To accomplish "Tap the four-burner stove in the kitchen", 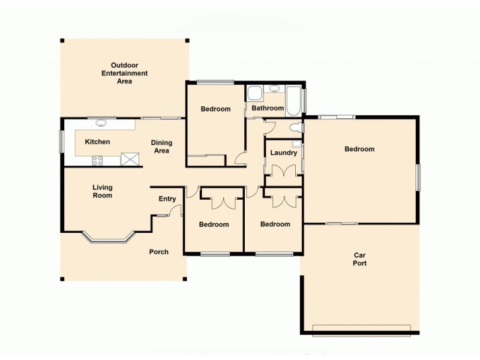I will coord(97,160).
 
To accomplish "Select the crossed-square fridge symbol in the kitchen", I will coord(129,159).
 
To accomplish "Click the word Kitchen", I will coord(97,142).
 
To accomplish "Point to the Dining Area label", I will coord(161,146).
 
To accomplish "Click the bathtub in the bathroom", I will coord(293,101).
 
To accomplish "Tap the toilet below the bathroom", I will coord(295,128).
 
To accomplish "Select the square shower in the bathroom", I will coord(254,94).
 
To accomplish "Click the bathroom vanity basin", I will coord(274,89).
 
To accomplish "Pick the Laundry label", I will coord(283,153).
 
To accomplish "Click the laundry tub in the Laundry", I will coord(296,144).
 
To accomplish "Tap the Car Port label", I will coord(359,259).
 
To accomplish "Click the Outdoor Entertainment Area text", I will coord(124,73).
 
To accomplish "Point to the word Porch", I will coord(159,252).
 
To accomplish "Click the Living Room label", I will coord(102,191).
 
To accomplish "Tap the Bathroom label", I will coord(268,109).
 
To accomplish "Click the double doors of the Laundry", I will coord(283,170).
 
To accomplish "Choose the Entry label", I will coord(167,199).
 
